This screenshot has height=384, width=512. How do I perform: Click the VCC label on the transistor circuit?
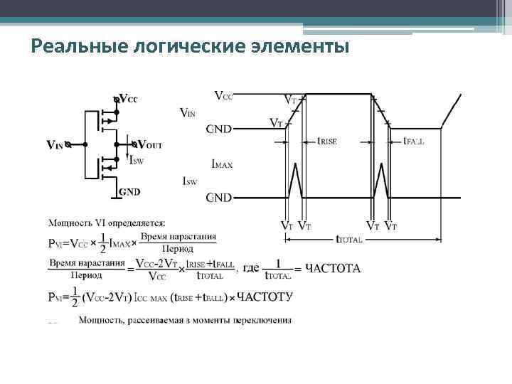pos(128,99)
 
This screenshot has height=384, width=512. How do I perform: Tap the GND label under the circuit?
pos(129,191)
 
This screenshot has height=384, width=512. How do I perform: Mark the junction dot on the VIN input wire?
pos(85,144)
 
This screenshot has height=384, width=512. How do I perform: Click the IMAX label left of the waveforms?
pos(222,164)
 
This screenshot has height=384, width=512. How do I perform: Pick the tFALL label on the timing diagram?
pos(413,142)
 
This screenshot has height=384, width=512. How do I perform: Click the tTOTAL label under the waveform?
pos(348,240)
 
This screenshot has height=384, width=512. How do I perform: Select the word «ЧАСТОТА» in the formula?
pos(332,269)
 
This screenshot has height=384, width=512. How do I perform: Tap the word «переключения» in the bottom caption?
pos(263,320)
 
